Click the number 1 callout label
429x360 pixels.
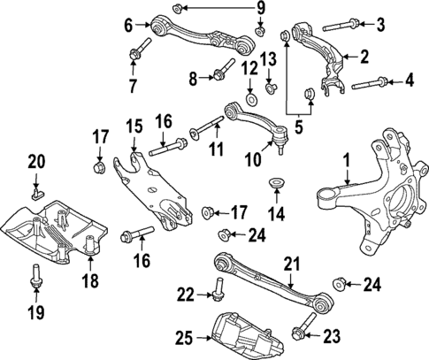click(347, 161)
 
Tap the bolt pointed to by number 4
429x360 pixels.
click(369, 85)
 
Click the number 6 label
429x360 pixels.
click(129, 24)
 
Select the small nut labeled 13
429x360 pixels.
click(272, 86)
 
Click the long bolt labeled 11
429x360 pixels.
click(211, 127)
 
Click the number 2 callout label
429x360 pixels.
click(364, 57)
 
